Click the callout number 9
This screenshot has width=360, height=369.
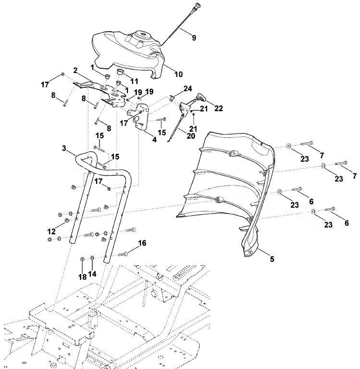(x=194, y=37)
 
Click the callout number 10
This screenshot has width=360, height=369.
(x=178, y=74)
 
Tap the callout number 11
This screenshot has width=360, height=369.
(x=134, y=81)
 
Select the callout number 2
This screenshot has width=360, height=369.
(x=75, y=70)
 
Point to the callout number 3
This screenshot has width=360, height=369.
(x=64, y=148)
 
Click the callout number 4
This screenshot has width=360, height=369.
(x=154, y=139)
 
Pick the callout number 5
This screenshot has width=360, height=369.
(x=272, y=259)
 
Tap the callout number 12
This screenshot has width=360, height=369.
(x=51, y=231)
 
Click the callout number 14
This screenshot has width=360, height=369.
(x=92, y=274)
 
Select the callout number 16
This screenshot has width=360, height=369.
(x=142, y=243)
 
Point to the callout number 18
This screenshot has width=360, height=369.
(x=82, y=277)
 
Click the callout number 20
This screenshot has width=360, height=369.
(x=191, y=136)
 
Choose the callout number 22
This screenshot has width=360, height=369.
(x=218, y=108)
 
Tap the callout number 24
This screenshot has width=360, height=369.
(x=187, y=89)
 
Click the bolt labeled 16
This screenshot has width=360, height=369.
(x=123, y=254)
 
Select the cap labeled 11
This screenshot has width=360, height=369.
(x=121, y=71)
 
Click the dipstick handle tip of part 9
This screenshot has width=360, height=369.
(x=198, y=5)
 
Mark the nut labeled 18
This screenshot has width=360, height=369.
(x=82, y=259)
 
